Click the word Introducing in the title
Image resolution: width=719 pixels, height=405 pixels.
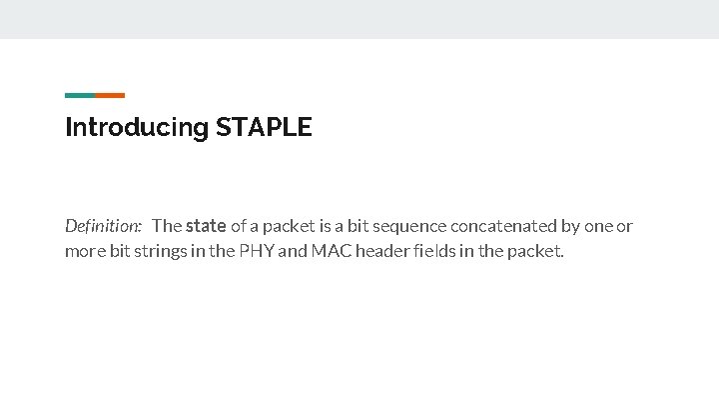pos(136,128)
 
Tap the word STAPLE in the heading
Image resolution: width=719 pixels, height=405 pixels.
pos(264,127)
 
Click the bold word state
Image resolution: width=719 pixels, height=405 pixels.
pos(206,226)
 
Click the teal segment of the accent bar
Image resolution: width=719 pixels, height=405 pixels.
pos(80,95)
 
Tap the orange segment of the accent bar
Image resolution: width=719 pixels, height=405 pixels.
pos(110,95)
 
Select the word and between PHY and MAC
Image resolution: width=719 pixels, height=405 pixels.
pos(293,251)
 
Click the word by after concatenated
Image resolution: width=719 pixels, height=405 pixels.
pos(566,226)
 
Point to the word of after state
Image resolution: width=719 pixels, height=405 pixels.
pos(238,226)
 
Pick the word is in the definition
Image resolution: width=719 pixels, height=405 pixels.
pos(316,226)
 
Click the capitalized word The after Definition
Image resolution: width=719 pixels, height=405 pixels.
pos(167,226)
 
